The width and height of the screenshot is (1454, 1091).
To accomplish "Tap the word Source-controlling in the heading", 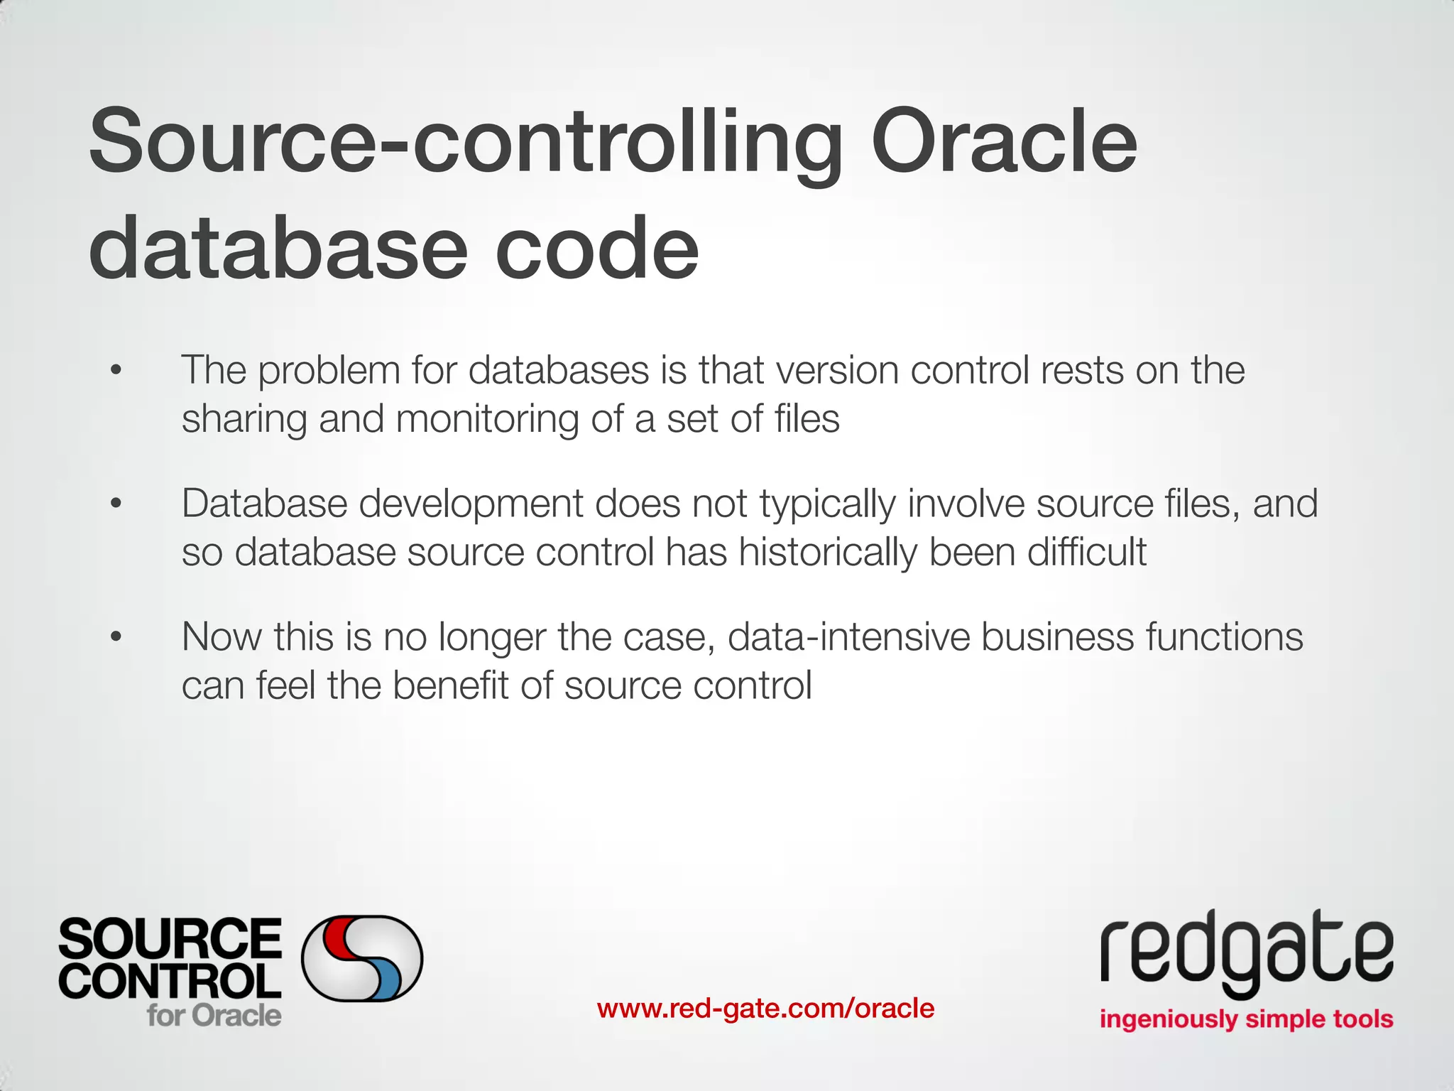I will pyautogui.click(x=466, y=142).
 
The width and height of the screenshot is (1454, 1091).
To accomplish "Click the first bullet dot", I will pyautogui.click(x=116, y=370).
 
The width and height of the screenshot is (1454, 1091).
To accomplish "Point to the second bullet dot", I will pyautogui.click(x=116, y=504).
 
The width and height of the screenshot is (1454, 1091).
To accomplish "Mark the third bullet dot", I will pyautogui.click(x=116, y=636).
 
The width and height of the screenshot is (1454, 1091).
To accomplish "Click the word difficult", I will pyautogui.click(x=1086, y=552).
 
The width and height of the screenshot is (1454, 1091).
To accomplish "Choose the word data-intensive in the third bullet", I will pyautogui.click(x=848, y=636).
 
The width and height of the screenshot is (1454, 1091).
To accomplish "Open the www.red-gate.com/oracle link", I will pyautogui.click(x=765, y=1008).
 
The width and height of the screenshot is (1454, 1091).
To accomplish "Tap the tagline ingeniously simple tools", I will pyautogui.click(x=1246, y=1019).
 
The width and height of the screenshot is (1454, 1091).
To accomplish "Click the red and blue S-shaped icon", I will pyautogui.click(x=362, y=958).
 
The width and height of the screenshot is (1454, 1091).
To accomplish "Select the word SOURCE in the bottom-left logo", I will pyautogui.click(x=170, y=938).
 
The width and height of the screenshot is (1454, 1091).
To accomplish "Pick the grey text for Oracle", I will pyautogui.click(x=214, y=1015).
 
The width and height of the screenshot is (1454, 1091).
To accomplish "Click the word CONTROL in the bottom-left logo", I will pyautogui.click(x=170, y=981).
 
